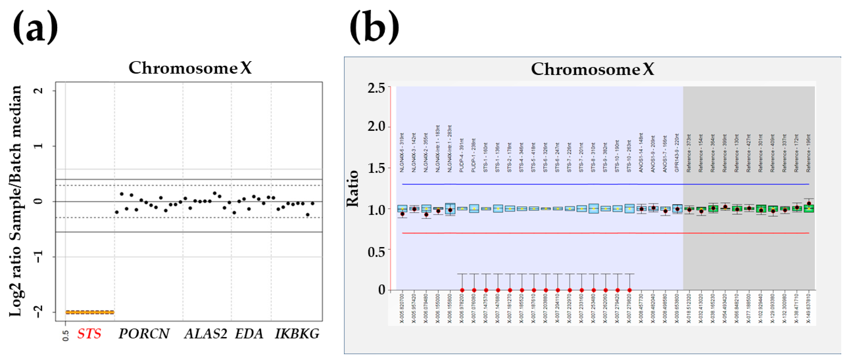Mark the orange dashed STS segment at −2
(x=90, y=312)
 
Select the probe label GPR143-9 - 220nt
(x=677, y=153)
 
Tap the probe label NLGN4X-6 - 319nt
(x=402, y=153)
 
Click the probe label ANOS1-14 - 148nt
(x=641, y=153)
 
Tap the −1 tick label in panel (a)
(x=39, y=256)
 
